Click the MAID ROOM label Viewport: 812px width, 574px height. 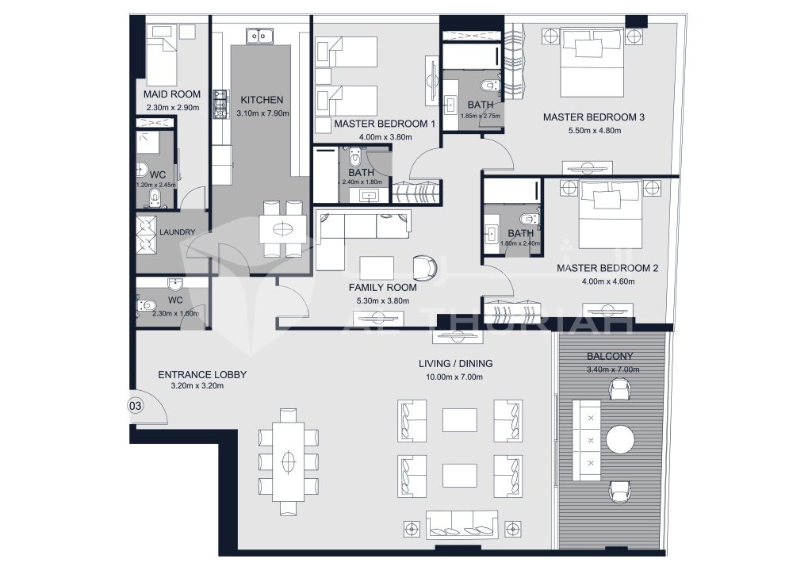[173, 94]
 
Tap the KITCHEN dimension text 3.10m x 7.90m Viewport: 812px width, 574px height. [262, 113]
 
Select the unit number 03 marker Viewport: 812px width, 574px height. [135, 406]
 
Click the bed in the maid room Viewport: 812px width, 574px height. [165, 54]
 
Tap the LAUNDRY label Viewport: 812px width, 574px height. [177, 232]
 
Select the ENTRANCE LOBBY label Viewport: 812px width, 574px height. [202, 374]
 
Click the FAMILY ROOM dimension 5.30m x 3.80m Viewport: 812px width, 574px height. [383, 301]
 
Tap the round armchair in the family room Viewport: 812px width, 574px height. [426, 267]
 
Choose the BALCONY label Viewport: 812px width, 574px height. [609, 357]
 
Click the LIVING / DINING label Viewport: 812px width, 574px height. [455, 363]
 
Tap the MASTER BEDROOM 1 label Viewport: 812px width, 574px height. [385, 124]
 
